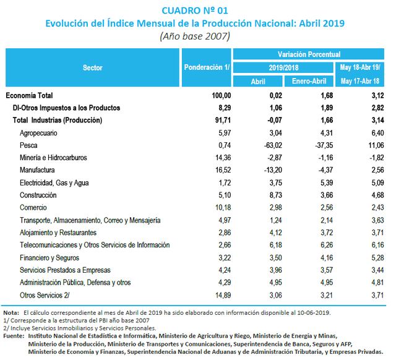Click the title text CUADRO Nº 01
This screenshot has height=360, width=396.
[194, 10]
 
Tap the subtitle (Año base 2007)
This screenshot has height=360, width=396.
[195, 36]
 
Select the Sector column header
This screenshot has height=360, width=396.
[93, 67]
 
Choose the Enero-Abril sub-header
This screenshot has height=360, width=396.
[309, 81]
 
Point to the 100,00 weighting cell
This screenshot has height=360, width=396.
[220, 95]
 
